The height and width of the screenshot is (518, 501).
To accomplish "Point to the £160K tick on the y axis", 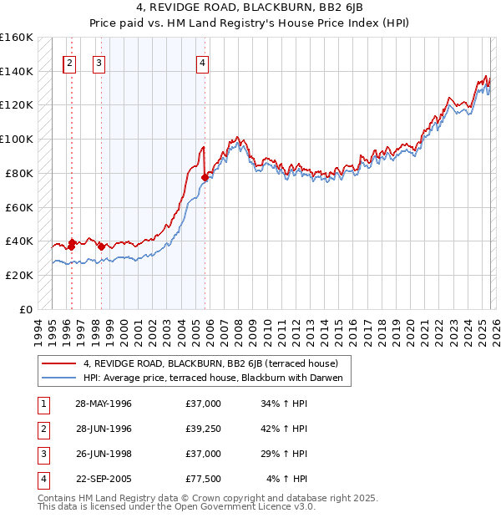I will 17,38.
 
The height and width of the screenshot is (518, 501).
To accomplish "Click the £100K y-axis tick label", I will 17,140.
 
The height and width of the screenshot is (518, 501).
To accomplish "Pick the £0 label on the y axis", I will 26,309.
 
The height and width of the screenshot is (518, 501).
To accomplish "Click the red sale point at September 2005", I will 205,177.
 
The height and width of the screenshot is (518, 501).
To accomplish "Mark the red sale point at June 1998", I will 101,246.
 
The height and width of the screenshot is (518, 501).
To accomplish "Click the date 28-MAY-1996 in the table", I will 104,404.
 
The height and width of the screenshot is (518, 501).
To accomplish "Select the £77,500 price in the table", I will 204,479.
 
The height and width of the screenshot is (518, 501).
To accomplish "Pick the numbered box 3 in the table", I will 42,454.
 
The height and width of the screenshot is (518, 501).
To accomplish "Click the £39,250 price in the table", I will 204,429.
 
